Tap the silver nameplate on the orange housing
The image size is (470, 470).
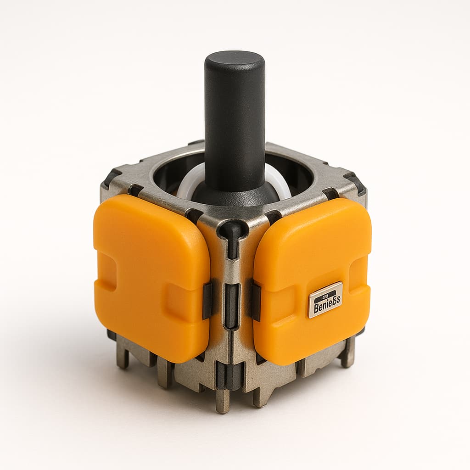[325, 300]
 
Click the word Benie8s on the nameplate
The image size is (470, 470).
[325, 303]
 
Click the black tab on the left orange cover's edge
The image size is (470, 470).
[207, 301]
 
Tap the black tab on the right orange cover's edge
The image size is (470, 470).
[256, 301]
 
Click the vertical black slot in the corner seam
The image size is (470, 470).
[232, 305]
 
